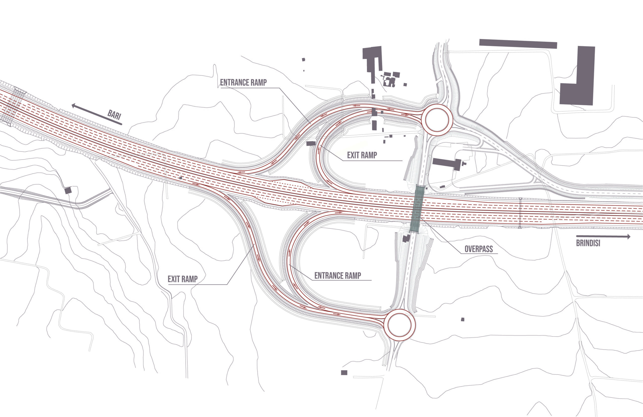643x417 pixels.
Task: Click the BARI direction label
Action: (x=114, y=115)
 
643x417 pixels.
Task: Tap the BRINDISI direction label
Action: (x=588, y=243)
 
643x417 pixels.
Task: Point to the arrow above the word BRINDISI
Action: (x=603, y=236)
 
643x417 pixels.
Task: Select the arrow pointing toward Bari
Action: (x=97, y=114)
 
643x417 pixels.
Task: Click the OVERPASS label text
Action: (x=478, y=249)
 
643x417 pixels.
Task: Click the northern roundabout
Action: (x=437, y=120)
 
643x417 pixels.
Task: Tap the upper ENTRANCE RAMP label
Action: (x=243, y=82)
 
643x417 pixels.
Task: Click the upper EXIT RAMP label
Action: (x=362, y=155)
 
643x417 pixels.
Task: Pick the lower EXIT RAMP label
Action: (x=183, y=279)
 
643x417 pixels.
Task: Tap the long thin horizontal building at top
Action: (x=518, y=44)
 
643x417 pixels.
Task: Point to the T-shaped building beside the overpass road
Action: (x=447, y=164)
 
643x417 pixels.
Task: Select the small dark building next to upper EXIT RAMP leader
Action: (x=311, y=143)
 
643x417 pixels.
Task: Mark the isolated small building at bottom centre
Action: (x=344, y=373)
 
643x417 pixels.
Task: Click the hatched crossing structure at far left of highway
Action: (x=14, y=107)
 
